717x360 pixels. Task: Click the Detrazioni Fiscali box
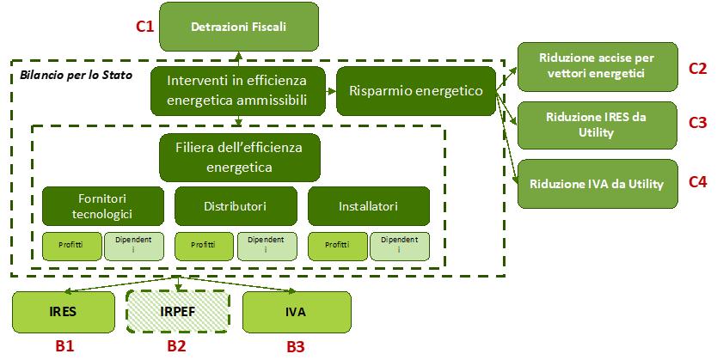click(238, 26)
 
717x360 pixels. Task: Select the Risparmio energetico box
click(416, 90)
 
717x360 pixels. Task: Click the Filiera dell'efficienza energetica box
click(239, 156)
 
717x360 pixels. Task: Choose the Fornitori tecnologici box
click(102, 206)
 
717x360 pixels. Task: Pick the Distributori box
click(235, 206)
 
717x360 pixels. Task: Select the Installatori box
click(368, 206)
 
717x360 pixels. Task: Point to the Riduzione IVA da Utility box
click(597, 182)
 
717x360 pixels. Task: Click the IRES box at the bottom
click(64, 313)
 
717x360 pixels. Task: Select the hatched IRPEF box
click(176, 313)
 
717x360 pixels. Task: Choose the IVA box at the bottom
click(297, 313)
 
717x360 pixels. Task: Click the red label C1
click(144, 27)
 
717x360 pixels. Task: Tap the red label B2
click(176, 346)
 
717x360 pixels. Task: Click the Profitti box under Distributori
click(204, 245)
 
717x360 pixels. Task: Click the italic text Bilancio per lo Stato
click(69, 77)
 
